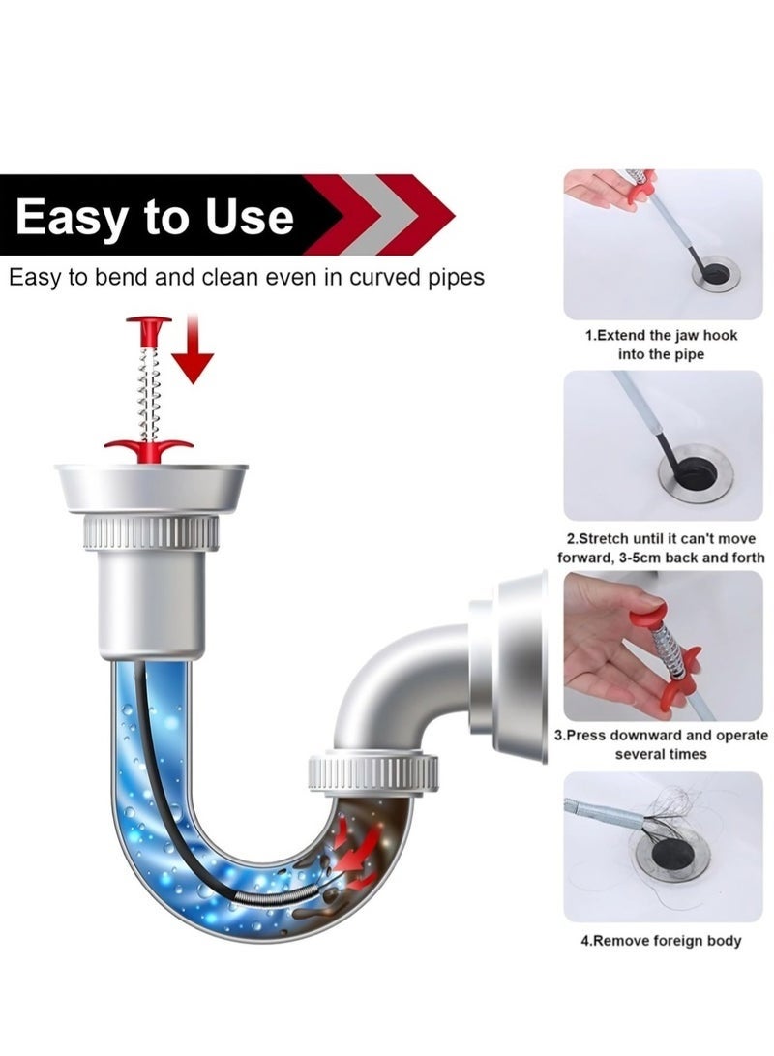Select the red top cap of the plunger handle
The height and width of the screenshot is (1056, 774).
coord(148,320)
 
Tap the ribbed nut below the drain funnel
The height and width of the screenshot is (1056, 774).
coord(151,533)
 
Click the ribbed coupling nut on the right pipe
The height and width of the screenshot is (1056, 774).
coord(372,772)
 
